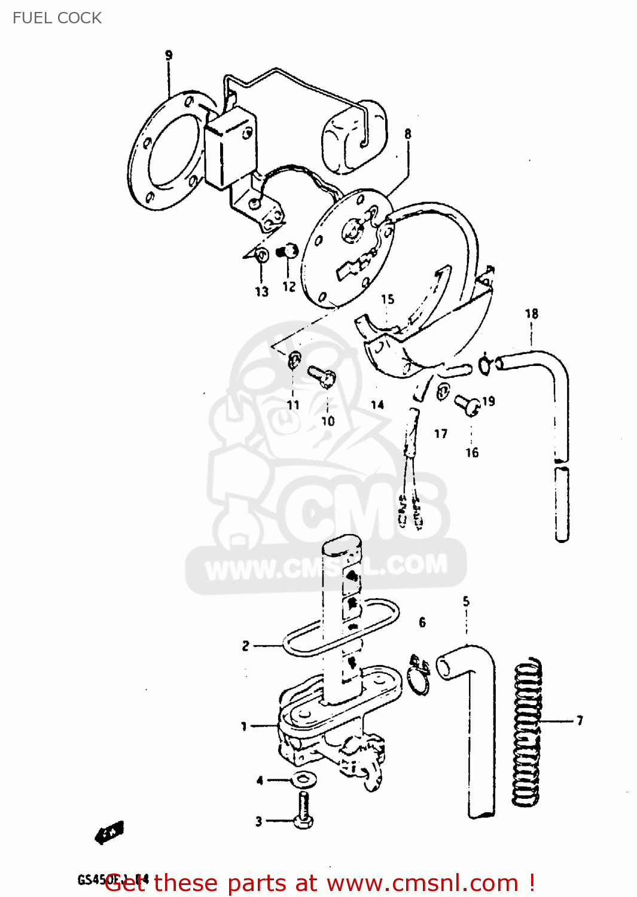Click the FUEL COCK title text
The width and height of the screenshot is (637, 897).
pos(57,18)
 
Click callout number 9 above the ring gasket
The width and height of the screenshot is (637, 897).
pos(169,56)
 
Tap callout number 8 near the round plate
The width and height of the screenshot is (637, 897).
pos(408,134)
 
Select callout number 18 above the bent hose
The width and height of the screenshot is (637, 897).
pos(531,314)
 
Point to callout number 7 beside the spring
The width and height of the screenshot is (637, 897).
pos(580,721)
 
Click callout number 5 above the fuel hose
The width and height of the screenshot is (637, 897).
pos(466,602)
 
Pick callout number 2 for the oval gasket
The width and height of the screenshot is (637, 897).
pos(245,646)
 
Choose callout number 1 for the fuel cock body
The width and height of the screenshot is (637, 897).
pos(243,726)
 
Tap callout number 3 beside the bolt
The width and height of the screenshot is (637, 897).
pos(258,821)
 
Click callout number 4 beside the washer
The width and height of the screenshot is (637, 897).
pos(260,780)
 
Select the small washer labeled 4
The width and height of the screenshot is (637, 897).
pos(303,780)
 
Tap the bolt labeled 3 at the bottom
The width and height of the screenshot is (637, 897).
pos(303,810)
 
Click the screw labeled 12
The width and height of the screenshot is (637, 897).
pos(289,252)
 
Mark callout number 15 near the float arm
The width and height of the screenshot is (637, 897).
pos(388,299)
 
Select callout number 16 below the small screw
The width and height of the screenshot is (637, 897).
pos(472,453)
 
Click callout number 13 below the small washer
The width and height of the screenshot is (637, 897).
pos(261,292)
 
